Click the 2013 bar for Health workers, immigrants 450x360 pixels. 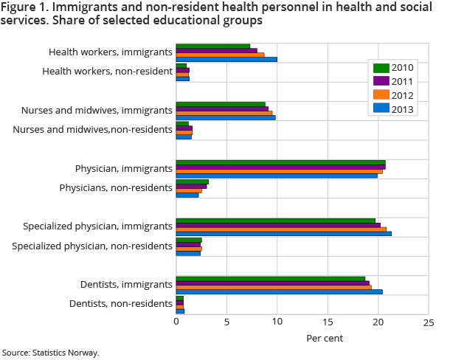tap(226, 59)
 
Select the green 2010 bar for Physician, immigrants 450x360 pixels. tap(280, 162)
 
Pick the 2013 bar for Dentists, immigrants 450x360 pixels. tap(279, 291)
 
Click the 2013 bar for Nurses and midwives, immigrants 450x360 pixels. tap(226, 117)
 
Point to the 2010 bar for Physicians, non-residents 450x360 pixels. tap(192, 181)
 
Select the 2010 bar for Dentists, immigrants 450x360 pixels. tap(270, 278)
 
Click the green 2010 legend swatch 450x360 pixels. tap(381, 68)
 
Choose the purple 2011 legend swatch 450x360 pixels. tap(381, 81)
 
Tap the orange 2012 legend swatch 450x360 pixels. tap(381, 95)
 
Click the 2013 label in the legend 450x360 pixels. tap(403, 109)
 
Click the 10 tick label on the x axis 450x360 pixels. tap(277, 322)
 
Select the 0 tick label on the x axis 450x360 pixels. tap(176, 322)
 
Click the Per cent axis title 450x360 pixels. tap(325, 338)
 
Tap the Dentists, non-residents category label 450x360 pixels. tap(121, 303)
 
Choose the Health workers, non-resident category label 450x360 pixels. tap(108, 71)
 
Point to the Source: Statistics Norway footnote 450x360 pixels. tap(50, 353)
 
